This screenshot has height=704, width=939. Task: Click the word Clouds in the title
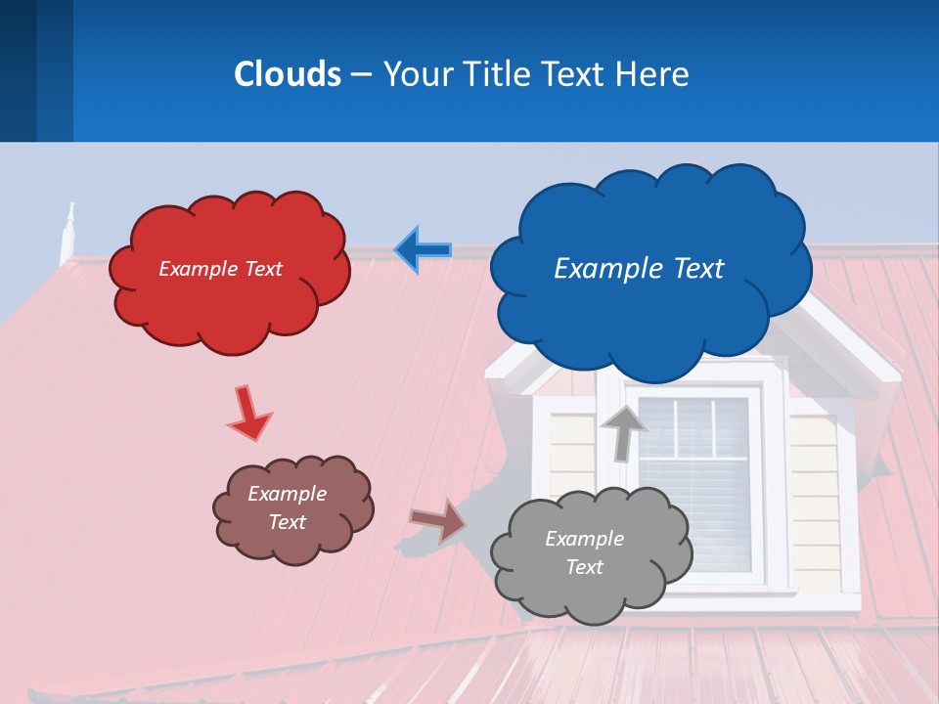pyautogui.click(x=288, y=74)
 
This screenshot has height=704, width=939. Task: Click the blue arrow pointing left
pyautogui.click(x=423, y=250)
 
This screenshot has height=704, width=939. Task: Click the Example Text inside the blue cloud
pyautogui.click(x=639, y=269)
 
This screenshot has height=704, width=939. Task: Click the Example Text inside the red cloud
pyautogui.click(x=220, y=269)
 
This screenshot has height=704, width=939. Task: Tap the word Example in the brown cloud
pyautogui.click(x=287, y=494)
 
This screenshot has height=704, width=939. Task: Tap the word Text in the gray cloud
pyautogui.click(x=584, y=567)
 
